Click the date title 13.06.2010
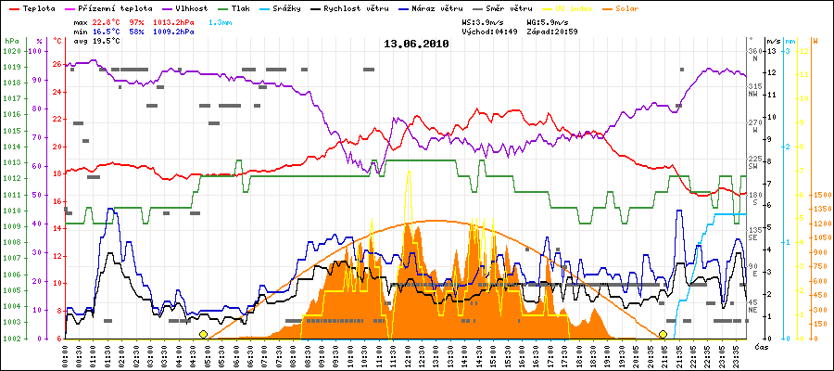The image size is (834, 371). (416, 44)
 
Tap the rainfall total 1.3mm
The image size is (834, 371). (219, 22)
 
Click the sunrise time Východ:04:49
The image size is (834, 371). (494, 32)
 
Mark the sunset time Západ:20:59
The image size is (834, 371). (551, 32)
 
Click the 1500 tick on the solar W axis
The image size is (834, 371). (822, 196)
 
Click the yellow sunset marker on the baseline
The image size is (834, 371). (663, 334)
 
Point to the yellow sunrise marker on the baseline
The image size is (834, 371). (203, 334)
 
